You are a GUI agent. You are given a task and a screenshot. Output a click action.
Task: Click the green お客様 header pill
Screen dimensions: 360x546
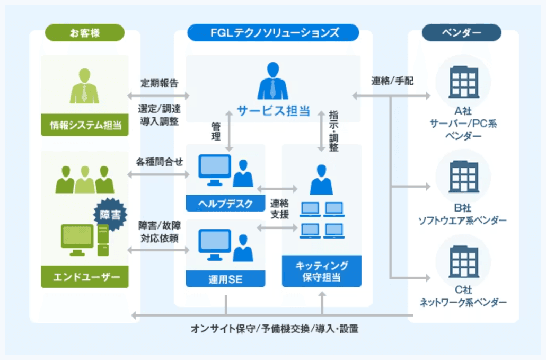(85, 33)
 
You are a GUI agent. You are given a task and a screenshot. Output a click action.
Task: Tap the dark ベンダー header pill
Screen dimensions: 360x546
(461, 33)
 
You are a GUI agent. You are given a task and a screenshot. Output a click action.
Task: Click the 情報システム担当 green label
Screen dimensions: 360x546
(85, 126)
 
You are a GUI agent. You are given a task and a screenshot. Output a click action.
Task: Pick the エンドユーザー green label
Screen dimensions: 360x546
(85, 277)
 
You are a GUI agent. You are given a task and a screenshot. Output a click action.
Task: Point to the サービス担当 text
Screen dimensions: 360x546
(273, 111)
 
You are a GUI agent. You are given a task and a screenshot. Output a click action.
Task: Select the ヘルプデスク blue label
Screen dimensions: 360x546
(225, 203)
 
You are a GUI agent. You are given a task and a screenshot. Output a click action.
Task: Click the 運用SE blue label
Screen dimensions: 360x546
(225, 279)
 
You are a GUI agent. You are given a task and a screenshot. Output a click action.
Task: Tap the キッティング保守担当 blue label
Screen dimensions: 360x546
(321, 271)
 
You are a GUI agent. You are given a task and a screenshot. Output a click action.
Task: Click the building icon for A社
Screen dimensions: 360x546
(462, 83)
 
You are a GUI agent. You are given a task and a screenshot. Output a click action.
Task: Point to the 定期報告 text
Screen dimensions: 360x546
(159, 83)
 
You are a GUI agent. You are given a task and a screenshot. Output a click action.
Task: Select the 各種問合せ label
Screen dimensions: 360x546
(159, 161)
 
